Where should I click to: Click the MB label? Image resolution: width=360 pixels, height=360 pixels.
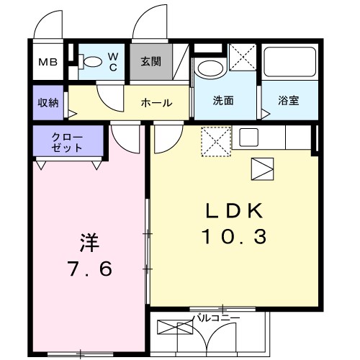tap(49, 63)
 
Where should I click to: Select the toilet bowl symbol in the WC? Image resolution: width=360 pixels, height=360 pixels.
tap(91, 63)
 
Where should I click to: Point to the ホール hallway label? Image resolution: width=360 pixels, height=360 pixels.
tap(156, 103)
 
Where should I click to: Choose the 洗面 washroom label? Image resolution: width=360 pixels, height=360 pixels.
tap(222, 101)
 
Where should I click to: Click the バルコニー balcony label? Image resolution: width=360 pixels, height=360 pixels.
tap(215, 317)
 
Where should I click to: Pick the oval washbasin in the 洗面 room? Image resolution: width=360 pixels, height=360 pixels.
tap(210, 71)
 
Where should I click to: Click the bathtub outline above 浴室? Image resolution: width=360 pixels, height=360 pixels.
tap(289, 66)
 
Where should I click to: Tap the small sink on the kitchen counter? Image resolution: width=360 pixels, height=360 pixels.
tap(249, 136)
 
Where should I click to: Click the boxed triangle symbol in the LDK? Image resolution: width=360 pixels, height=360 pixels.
tap(261, 169)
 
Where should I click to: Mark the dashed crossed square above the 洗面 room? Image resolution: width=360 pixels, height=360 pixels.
tap(243, 57)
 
